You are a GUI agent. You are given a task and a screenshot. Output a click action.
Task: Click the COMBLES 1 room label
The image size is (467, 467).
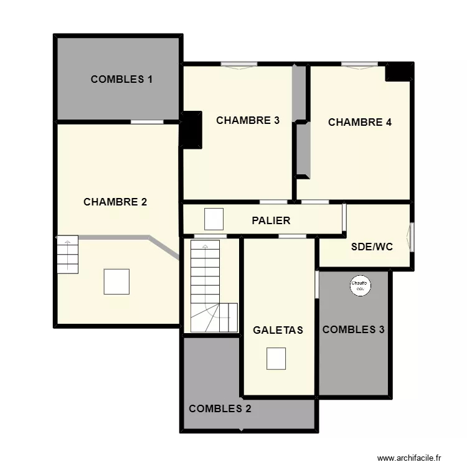pyautogui.click(x=122, y=79)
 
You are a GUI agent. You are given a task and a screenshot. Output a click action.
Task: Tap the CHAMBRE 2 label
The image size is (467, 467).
pyautogui.click(x=115, y=202)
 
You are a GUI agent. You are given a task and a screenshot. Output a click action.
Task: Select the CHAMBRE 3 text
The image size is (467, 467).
pyautogui.click(x=248, y=121)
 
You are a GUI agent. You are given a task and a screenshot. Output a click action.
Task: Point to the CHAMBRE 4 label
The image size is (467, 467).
pyautogui.click(x=360, y=122)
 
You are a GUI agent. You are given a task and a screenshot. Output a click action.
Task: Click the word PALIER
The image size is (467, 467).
pyautogui.click(x=271, y=220)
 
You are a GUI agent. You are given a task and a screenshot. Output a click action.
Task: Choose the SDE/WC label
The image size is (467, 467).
pyautogui.click(x=372, y=247)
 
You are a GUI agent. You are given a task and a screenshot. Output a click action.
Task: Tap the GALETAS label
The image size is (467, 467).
pyautogui.click(x=278, y=330)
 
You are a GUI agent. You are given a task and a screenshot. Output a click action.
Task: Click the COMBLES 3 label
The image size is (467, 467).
pyautogui.click(x=353, y=329)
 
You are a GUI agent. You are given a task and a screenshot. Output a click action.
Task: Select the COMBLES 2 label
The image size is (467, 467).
pyautogui.click(x=220, y=408)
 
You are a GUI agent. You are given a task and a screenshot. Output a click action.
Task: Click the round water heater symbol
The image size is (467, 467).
pyautogui.click(x=360, y=285)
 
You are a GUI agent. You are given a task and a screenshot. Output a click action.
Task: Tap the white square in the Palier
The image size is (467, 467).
pyautogui.click(x=214, y=219)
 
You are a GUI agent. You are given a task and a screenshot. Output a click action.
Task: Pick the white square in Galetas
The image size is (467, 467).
pyautogui.click(x=276, y=359)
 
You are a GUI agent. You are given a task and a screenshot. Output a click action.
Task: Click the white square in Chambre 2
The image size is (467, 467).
pyautogui.click(x=116, y=281)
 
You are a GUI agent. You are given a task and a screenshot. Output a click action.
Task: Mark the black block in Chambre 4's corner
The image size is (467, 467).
pyautogui.click(x=398, y=73)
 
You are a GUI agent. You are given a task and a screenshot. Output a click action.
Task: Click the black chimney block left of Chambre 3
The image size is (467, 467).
pyautogui.click(x=192, y=130)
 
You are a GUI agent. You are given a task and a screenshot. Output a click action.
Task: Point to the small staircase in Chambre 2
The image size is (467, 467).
pyautogui.click(x=67, y=254)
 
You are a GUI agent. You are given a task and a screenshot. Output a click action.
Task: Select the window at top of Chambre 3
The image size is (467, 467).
pyautogui.click(x=239, y=64)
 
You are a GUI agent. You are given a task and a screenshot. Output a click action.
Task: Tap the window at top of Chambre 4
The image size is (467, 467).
pyautogui.click(x=359, y=64)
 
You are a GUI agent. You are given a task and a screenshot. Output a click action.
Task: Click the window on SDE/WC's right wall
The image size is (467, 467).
pyautogui.click(x=410, y=237)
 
